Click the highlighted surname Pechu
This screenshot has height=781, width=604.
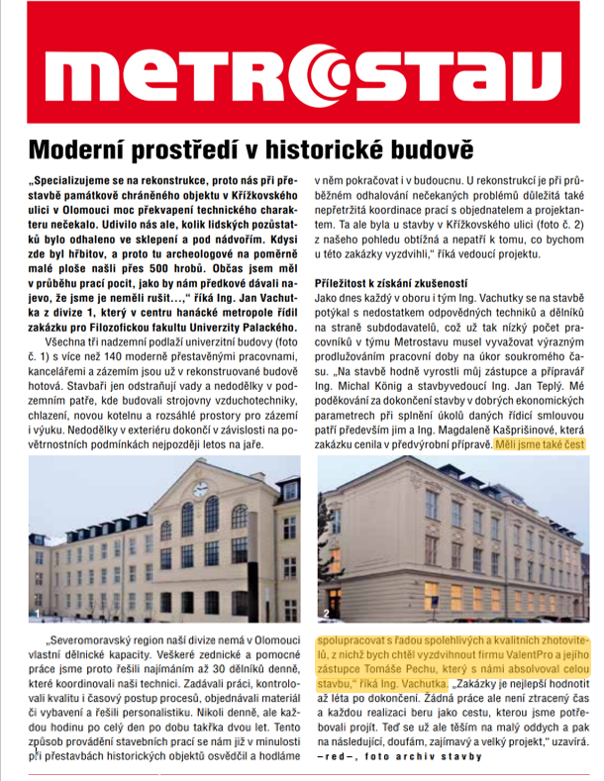coord(420,669)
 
